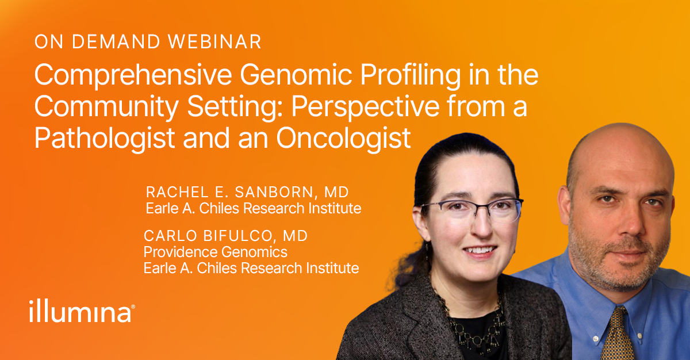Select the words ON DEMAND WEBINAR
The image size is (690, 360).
pos(148,42)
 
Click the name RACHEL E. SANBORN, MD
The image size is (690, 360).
pos(247,192)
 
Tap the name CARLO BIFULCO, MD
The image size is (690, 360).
pos(225,236)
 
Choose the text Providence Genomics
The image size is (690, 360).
pos(215,252)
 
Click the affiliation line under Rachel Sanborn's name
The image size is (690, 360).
pos(253,208)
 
